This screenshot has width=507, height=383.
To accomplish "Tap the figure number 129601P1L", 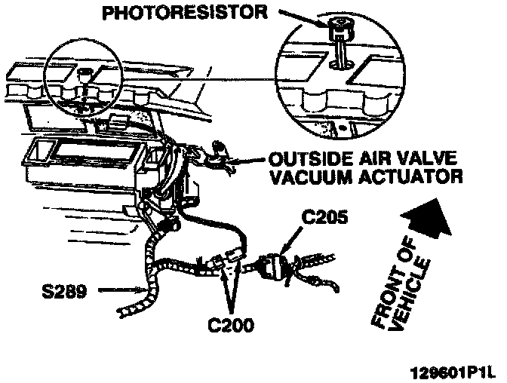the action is (x=453, y=372).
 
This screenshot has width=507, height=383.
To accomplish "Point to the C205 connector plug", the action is (x=271, y=266).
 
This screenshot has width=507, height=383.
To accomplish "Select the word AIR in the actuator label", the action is (x=368, y=161).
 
